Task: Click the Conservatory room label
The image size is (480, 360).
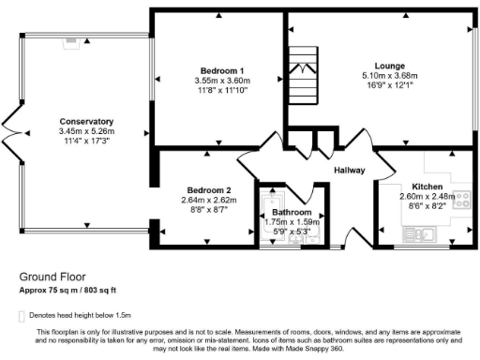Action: (85, 122)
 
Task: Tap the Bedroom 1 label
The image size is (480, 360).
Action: (222, 71)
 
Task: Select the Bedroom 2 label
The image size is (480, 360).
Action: (206, 189)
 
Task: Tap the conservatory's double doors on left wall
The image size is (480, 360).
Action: (9, 133)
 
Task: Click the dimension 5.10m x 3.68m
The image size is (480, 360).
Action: (382, 76)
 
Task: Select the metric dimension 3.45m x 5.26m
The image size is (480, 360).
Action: (85, 132)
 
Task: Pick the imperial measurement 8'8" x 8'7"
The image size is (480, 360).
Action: (206, 209)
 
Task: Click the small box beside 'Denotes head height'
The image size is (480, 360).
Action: (21, 316)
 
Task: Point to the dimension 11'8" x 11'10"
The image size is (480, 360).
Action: (222, 91)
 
